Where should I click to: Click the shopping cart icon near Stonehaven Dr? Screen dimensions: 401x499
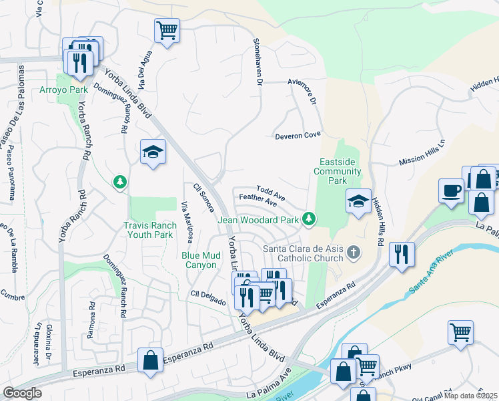tap(167, 30)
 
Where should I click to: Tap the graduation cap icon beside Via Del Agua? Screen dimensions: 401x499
tap(153, 152)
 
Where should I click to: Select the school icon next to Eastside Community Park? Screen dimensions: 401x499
tap(358, 201)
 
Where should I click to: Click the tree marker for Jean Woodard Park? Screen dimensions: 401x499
tap(308, 218)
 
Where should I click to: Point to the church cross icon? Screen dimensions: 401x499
tap(354, 252)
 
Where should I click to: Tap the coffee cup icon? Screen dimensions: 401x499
tap(451, 190)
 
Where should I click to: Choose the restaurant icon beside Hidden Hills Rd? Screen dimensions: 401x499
tap(402, 254)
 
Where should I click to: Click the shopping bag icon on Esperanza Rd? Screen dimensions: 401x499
tap(151, 360)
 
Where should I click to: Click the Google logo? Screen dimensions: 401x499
tap(22, 393)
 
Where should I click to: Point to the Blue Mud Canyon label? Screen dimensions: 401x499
tap(209, 260)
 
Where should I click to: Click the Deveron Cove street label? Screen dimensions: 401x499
tap(298, 136)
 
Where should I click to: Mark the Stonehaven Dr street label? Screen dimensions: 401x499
tap(256, 61)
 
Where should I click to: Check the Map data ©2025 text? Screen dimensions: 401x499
tap(471, 396)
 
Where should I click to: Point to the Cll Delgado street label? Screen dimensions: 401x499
tap(209, 295)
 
